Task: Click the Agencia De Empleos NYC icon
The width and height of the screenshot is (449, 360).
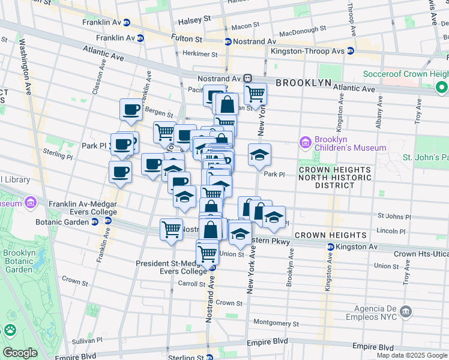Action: (x=406, y=311)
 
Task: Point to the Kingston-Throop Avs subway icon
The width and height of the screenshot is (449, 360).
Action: (x=350, y=51)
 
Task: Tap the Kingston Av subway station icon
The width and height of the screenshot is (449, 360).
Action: (x=330, y=247)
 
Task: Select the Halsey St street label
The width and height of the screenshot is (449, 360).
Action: (x=194, y=19)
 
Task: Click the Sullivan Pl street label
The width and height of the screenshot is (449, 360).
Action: (x=73, y=340)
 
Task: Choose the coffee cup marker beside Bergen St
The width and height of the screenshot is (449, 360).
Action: (x=131, y=109)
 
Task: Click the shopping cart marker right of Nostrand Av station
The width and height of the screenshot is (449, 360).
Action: (x=255, y=94)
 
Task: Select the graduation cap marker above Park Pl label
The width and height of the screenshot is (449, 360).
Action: (x=259, y=155)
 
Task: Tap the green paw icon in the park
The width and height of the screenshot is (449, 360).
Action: (x=10, y=329)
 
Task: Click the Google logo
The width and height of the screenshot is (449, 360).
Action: (x=19, y=353)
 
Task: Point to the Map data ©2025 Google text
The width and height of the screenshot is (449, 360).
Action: (x=411, y=355)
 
